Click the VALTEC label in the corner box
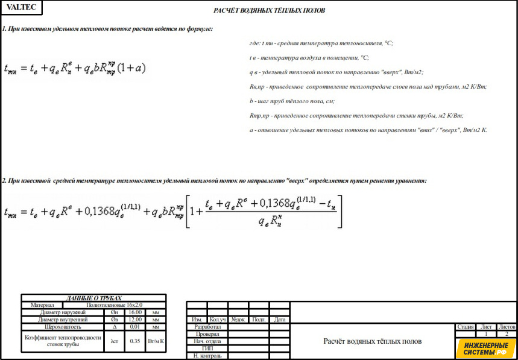[21, 7]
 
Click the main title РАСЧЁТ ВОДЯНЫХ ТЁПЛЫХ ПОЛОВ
[270, 11]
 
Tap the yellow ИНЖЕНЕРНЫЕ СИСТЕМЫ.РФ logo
[485, 348]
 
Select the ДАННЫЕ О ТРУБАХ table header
[93, 298]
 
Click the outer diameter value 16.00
[134, 312]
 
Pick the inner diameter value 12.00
[134, 320]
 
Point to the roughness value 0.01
[134, 327]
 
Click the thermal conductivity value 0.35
[134, 341]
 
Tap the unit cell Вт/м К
[156, 341]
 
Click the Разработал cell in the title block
[207, 327]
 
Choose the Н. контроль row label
[207, 356]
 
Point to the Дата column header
[280, 320]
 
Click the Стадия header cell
[466, 327]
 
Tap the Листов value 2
[507, 333]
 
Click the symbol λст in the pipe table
[114, 341]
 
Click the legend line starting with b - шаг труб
[292, 101]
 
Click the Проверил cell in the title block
[207, 334]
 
